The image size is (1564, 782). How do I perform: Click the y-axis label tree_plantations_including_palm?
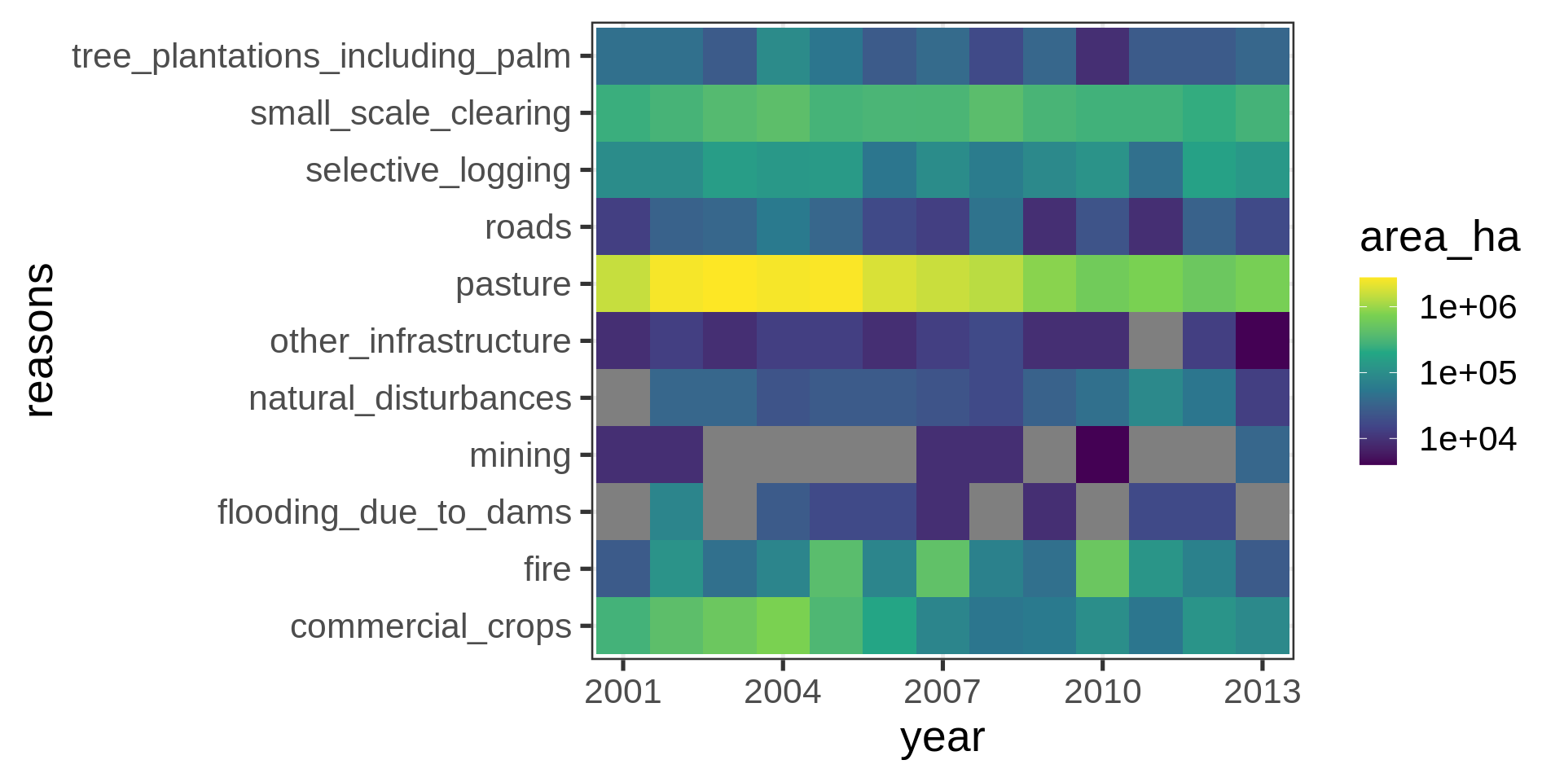(x=321, y=56)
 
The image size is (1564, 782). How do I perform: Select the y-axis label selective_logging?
(x=437, y=170)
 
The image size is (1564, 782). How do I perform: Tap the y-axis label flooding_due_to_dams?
(x=394, y=512)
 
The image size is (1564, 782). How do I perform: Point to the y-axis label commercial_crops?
(x=430, y=626)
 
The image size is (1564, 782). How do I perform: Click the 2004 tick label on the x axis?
(x=783, y=692)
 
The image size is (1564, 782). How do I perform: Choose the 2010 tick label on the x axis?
(x=1102, y=692)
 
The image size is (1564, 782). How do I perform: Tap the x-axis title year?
(x=942, y=737)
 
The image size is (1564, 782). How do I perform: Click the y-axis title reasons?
(x=38, y=340)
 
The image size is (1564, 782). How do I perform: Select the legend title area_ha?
(x=1439, y=237)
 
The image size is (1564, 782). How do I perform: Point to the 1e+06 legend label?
(x=1467, y=307)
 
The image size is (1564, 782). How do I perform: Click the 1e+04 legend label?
(x=1467, y=439)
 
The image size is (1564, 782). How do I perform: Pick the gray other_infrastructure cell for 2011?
(x=1156, y=340)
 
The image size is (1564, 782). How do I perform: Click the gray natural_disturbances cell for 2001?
(x=623, y=398)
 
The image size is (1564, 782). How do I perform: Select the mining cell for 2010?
(x=1102, y=455)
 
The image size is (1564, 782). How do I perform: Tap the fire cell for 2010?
(x=1102, y=569)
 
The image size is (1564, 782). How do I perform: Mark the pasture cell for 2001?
(x=623, y=283)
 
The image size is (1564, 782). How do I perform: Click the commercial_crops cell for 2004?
(x=783, y=626)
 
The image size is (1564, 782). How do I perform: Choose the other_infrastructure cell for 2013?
(x=1263, y=340)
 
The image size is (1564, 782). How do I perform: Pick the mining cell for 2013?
(x=1263, y=455)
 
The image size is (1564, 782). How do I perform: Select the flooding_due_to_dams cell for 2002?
(x=676, y=512)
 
